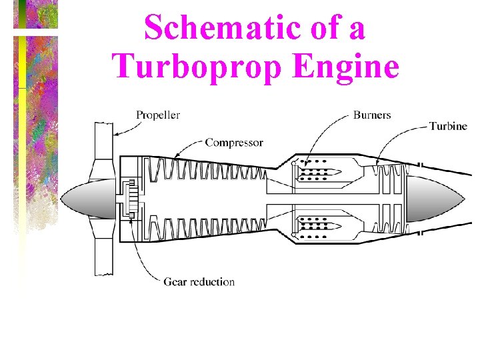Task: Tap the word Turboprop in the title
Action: pyautogui.click(x=194, y=66)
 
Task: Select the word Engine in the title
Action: pyautogui.click(x=342, y=66)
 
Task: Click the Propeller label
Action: pyautogui.click(x=158, y=115)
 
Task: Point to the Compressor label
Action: pyautogui.click(x=234, y=142)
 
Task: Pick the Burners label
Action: pyautogui.click(x=372, y=115)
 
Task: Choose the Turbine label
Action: pyautogui.click(x=448, y=126)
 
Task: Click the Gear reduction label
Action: pyautogui.click(x=199, y=281)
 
